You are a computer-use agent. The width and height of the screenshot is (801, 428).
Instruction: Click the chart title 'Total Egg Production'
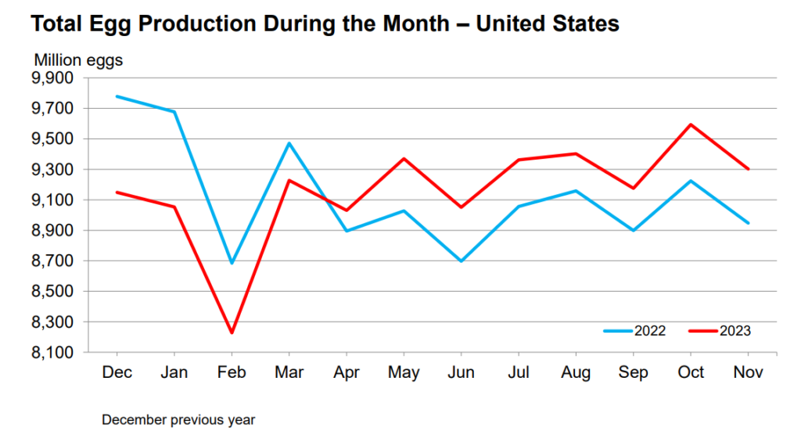(325, 23)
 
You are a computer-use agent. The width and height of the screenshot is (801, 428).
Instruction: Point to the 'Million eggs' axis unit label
(77, 59)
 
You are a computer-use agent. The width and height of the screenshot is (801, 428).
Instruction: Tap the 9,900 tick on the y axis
(51, 78)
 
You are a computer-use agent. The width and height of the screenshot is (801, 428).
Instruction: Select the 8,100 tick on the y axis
(51, 353)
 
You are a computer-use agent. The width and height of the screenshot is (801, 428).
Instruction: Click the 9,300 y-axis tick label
(51, 170)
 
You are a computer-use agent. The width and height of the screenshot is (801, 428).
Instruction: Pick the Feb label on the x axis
(231, 372)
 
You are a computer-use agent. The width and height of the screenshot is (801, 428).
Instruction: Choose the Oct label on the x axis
(691, 372)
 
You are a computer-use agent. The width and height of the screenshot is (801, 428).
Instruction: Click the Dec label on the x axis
(116, 372)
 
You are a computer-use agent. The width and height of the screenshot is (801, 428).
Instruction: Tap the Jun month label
(461, 372)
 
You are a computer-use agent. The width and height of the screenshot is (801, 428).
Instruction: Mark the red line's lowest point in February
(231, 333)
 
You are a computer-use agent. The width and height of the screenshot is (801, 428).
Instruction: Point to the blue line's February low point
(231, 263)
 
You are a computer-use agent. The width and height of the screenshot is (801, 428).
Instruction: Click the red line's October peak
(691, 124)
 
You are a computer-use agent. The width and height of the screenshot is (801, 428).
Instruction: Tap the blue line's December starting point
(116, 96)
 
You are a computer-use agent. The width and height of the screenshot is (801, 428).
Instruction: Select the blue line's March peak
(289, 143)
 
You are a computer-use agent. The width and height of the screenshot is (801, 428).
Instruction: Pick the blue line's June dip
(461, 261)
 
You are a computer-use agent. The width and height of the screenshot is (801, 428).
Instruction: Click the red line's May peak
(404, 159)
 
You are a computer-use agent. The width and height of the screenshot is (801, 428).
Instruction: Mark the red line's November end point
(749, 169)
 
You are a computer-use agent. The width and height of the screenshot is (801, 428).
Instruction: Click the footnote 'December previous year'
(178, 419)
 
